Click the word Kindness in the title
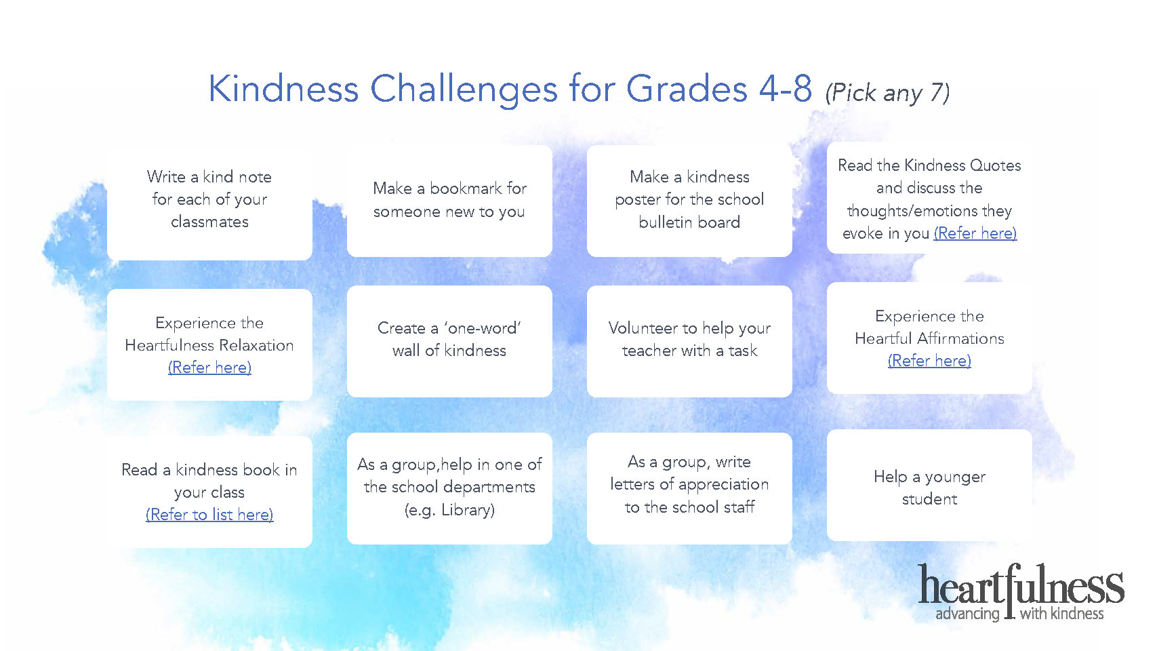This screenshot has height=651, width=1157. (283, 88)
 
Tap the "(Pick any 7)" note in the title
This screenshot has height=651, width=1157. (887, 93)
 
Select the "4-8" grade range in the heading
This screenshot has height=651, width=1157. (785, 88)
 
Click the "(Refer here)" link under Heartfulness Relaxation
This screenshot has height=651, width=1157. (209, 368)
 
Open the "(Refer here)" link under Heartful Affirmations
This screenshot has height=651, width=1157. (929, 361)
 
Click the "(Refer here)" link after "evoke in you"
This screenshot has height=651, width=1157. (975, 233)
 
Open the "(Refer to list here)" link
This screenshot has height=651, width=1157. (209, 515)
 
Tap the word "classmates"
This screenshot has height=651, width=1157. (209, 222)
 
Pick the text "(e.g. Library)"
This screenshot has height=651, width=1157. (449, 511)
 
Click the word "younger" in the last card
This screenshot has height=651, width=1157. (955, 477)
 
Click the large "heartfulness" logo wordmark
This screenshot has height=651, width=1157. (1021, 585)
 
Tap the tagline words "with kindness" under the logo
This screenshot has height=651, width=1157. (1061, 614)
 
